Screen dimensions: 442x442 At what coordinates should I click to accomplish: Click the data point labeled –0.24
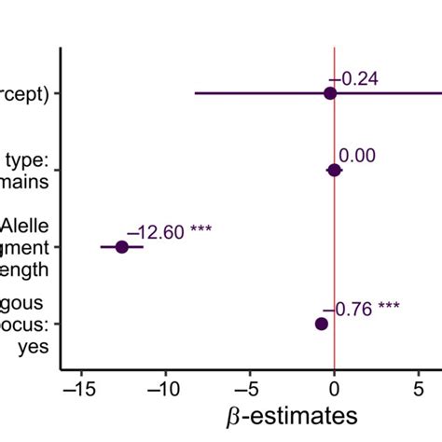point(329,93)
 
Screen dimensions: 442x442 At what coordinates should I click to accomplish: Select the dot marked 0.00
point(334,170)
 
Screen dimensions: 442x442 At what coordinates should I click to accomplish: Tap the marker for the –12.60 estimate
point(121,247)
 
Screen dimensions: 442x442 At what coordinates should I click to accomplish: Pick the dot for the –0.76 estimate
point(322,324)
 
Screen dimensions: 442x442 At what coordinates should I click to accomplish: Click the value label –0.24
point(353,79)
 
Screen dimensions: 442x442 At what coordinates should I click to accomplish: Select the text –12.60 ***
point(169,231)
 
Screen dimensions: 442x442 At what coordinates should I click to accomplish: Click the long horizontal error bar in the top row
point(252,93)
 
